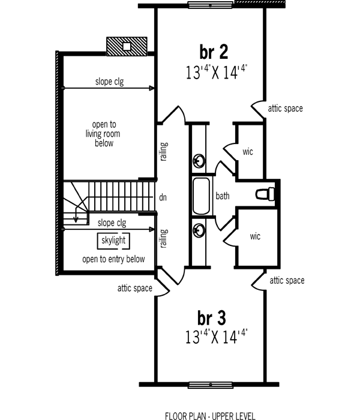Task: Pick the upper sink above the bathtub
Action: point(199,161)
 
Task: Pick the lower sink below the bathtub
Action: point(199,229)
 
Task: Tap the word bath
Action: point(223,196)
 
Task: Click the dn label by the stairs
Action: point(163,196)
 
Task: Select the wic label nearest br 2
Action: point(248,152)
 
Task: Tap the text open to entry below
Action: point(113,259)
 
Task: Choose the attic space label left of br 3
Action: point(135,289)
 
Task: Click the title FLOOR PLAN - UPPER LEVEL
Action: point(209,415)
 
